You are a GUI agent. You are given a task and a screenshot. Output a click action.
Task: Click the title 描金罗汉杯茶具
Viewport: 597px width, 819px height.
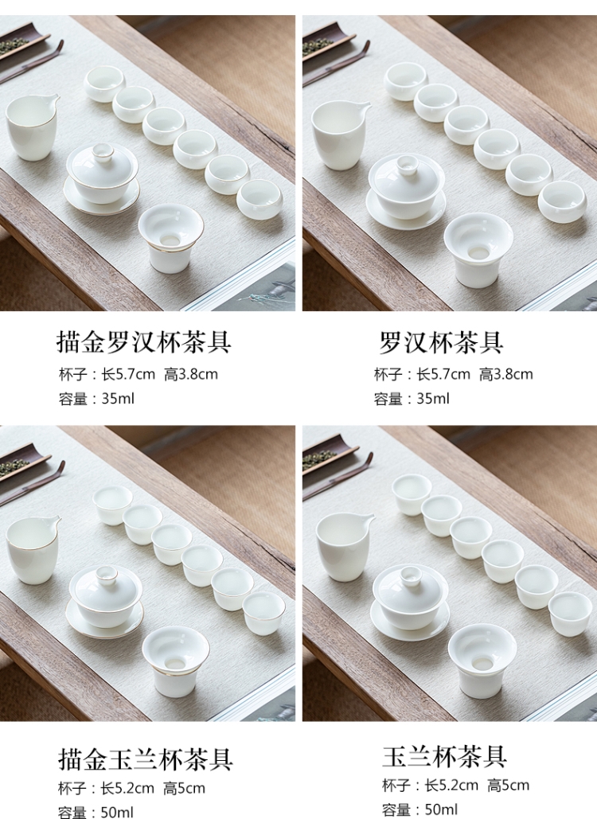[143, 342]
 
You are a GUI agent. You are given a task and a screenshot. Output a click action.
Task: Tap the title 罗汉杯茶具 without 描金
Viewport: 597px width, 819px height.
[441, 342]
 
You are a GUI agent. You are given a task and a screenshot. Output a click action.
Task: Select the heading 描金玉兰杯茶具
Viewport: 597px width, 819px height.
[145, 759]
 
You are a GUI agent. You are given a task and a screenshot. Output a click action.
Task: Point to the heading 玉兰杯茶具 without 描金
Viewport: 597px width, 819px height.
[444, 757]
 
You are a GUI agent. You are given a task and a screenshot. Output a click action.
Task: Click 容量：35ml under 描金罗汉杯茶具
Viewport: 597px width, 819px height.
[96, 399]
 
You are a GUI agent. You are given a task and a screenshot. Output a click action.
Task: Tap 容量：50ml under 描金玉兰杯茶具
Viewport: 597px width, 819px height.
[96, 812]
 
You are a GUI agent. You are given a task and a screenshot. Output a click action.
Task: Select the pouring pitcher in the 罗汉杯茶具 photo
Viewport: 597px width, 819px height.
[340, 135]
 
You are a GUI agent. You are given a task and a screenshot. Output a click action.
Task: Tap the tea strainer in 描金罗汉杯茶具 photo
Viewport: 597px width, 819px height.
[171, 238]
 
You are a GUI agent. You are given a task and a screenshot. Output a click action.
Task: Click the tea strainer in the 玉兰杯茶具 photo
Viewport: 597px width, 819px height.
[482, 661]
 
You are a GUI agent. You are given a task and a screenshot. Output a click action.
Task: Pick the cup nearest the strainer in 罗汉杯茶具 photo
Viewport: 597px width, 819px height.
[563, 201]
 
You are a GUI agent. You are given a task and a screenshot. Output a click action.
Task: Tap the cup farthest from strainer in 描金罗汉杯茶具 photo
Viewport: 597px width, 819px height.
[104, 84]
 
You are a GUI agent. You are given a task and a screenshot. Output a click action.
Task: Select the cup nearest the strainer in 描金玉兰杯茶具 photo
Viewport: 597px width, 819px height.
[263, 613]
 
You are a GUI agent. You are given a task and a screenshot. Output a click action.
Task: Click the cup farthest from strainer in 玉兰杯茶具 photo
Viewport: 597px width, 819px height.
[412, 494]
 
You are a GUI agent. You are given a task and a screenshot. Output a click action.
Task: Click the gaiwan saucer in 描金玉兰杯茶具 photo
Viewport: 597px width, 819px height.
[104, 622]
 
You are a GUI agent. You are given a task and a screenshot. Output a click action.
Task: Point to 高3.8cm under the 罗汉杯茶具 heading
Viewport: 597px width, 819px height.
[506, 374]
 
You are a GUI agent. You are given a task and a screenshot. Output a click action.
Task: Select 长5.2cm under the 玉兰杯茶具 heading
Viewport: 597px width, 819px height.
[451, 785]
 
